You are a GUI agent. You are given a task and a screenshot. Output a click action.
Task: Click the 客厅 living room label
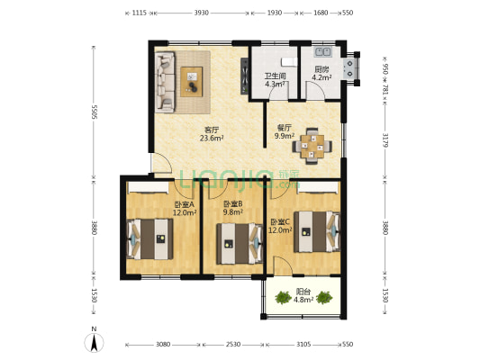coord(212,130)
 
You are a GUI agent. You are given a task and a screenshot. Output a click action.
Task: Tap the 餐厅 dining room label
coord(284,128)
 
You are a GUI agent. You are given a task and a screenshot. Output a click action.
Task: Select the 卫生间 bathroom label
coord(276,76)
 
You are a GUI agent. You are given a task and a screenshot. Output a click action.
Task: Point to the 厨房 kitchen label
coord(322,69)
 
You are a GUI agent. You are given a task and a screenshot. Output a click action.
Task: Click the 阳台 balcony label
coord(303,292)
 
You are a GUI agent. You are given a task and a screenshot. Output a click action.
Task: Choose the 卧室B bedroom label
coord(233,203)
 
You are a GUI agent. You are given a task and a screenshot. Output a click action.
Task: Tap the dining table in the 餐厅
coord(312,146)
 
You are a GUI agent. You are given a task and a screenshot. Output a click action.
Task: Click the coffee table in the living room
coord(191,82)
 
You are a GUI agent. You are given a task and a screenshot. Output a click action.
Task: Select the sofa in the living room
coord(165,82)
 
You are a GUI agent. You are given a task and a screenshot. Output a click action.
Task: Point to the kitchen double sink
coord(322,51)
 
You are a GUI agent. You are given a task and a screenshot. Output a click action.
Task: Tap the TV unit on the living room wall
coord(245,76)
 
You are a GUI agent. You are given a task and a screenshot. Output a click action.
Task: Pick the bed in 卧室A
coord(149,238)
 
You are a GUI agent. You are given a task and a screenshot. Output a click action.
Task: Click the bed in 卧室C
coord(317,231)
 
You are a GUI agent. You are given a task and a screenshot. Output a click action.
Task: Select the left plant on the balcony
coord(283,298)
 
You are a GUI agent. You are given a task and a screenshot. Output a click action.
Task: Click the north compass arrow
coord(95,343)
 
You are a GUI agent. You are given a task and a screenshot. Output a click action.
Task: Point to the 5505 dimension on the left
coord(95,112)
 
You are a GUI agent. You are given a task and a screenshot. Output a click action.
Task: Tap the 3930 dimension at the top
coord(202,13)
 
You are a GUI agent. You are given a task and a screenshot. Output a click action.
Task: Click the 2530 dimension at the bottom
coord(233,345)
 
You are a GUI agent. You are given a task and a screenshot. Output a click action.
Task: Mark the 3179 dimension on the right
coord(385,140)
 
